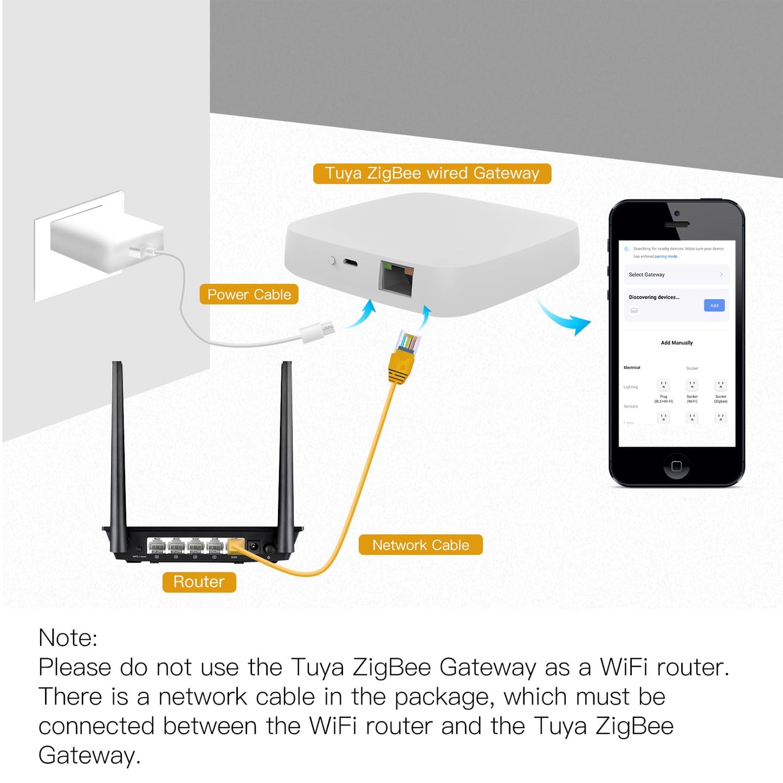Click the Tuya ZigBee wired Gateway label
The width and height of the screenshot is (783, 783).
pyautogui.click(x=432, y=173)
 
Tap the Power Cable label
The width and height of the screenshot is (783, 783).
pyautogui.click(x=249, y=294)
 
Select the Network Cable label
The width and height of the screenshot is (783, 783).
pyautogui.click(x=420, y=545)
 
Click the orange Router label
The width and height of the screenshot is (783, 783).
pyautogui.click(x=199, y=582)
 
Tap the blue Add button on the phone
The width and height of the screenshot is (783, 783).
pyautogui.click(x=714, y=306)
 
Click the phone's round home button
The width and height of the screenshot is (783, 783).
pyautogui.click(x=676, y=466)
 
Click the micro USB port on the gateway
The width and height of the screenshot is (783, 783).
pyautogui.click(x=350, y=263)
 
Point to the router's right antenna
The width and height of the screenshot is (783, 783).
pyautogui.click(x=286, y=444)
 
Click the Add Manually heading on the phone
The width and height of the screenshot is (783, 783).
pyautogui.click(x=677, y=343)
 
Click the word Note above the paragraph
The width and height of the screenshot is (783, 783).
pyautogui.click(x=68, y=638)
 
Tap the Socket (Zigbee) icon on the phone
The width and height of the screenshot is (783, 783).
pyautogui.click(x=720, y=385)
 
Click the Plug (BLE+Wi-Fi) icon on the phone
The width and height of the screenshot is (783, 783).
pyautogui.click(x=663, y=385)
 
